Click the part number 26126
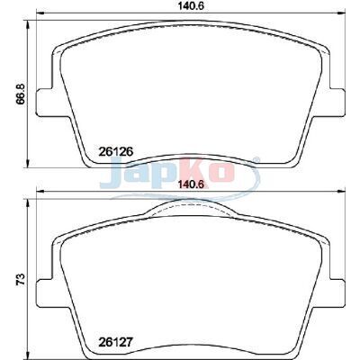pos(115,152)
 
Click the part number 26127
pos(115,341)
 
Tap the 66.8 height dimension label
pos(20,94)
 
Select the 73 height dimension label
pos(21,279)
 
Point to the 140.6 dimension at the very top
pos(191,6)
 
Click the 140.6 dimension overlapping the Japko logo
pos(191,184)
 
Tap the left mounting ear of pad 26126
pos(45,102)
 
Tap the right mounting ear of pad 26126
pos(337,102)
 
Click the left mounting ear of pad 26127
pos(45,292)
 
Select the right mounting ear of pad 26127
pos(337,292)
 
